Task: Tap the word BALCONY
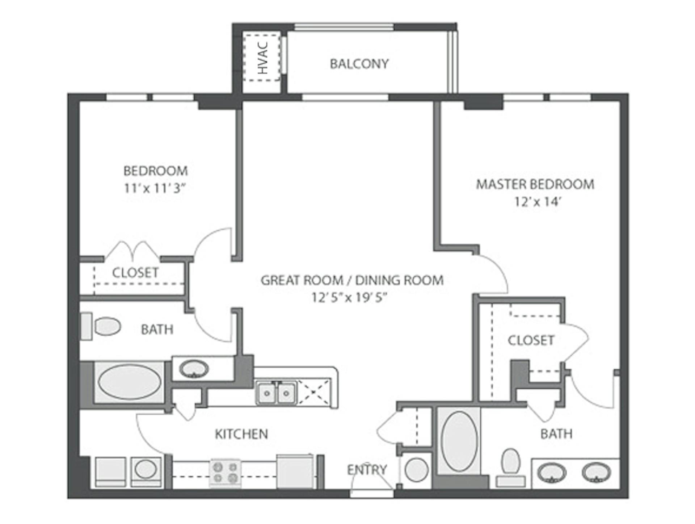359,64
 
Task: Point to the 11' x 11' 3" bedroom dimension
155,188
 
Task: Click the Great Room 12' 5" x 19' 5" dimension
350,298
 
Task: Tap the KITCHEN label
241,434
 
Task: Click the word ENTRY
367,470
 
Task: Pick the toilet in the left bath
101,326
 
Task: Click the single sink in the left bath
194,369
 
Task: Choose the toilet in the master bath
511,467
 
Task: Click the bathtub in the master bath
459,441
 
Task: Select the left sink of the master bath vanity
552,473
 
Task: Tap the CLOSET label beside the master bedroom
531,340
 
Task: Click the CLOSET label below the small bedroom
135,273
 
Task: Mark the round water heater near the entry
417,470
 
